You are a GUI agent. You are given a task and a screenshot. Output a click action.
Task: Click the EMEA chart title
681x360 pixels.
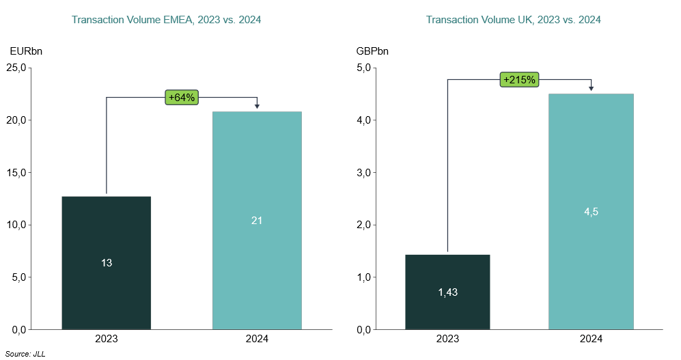(167, 20)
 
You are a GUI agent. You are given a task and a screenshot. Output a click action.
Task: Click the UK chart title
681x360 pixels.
(513, 20)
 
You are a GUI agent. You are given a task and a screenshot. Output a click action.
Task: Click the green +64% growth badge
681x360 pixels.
(182, 97)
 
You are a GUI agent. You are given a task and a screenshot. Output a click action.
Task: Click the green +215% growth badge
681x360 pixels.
(520, 80)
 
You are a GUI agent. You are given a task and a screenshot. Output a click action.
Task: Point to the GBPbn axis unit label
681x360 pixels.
(373, 51)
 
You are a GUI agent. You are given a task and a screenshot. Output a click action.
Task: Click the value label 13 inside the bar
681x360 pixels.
(107, 262)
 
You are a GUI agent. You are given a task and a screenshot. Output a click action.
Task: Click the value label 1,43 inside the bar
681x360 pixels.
(447, 292)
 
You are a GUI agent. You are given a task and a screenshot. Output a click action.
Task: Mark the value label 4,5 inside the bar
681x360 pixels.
(591, 212)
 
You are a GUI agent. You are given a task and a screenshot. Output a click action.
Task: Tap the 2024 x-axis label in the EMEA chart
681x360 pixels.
(257, 339)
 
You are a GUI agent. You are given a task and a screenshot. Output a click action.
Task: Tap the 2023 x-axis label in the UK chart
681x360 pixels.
(447, 339)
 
